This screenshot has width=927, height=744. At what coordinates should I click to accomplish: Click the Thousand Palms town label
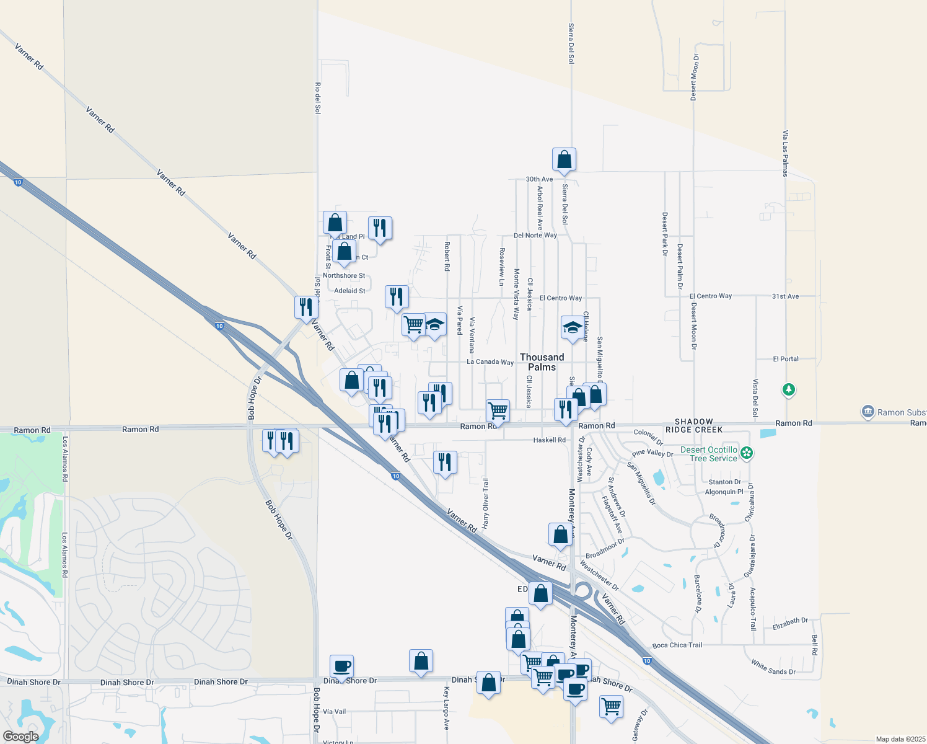tap(542, 362)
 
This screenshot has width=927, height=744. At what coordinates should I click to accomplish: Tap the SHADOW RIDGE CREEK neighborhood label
tap(694, 425)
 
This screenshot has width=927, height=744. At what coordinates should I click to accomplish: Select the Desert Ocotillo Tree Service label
tap(709, 454)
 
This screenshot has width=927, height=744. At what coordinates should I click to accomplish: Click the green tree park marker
tap(788, 390)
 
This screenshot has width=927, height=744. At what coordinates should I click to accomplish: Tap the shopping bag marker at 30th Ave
tap(564, 160)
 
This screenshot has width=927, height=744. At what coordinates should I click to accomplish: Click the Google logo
tap(20, 737)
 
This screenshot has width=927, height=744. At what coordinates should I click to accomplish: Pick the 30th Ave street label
tap(539, 179)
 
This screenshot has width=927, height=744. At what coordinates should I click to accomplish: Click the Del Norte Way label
tap(535, 236)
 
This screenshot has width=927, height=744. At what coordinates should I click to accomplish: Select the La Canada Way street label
tap(490, 362)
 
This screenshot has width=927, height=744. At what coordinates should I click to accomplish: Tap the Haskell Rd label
tap(549, 440)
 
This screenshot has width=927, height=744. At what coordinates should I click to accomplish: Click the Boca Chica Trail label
tap(677, 645)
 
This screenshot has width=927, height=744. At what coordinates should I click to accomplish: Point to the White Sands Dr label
tap(773, 667)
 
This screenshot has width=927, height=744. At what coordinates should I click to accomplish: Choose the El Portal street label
tap(785, 359)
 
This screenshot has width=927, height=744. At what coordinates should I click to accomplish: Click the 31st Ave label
tap(785, 296)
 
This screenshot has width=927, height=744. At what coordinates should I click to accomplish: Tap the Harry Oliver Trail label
tap(486, 503)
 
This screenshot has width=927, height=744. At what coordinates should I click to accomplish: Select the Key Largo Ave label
tap(446, 707)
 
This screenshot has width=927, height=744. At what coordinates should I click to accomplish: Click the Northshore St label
tap(344, 276)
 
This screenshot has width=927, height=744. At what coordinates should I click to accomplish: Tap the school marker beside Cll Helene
tap(573, 327)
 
